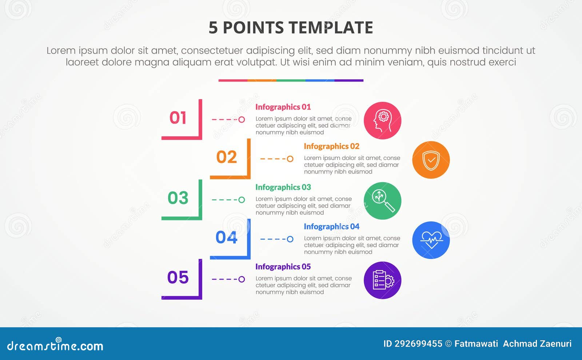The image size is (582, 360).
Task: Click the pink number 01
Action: pos(178,118)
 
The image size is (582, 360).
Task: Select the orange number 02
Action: pos(226,157)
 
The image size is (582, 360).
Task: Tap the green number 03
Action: pos(178,198)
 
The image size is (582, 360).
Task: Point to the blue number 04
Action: pos(226,237)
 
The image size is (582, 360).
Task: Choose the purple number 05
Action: pos(178,277)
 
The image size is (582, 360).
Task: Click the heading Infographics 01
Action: pos(283,107)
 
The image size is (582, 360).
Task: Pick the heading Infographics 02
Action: pos(331,146)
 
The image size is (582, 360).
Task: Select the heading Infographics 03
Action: pos(283,187)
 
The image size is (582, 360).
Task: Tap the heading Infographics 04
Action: pos(331,227)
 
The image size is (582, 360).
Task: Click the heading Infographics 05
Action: pos(283,267)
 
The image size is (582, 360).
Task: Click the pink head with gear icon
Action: pos(382,121)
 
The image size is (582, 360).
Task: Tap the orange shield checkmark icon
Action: pos(431,160)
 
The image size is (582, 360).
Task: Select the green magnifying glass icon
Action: pos(382,201)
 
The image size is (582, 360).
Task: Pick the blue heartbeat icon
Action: pos(431,240)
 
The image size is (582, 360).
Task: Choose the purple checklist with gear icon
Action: pos(382,280)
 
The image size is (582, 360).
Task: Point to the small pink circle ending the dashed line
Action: pos(242,119)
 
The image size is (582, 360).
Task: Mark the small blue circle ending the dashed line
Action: pos(290,239)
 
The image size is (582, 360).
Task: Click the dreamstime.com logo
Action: pos(55,345)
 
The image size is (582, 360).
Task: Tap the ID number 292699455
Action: pos(418,344)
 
